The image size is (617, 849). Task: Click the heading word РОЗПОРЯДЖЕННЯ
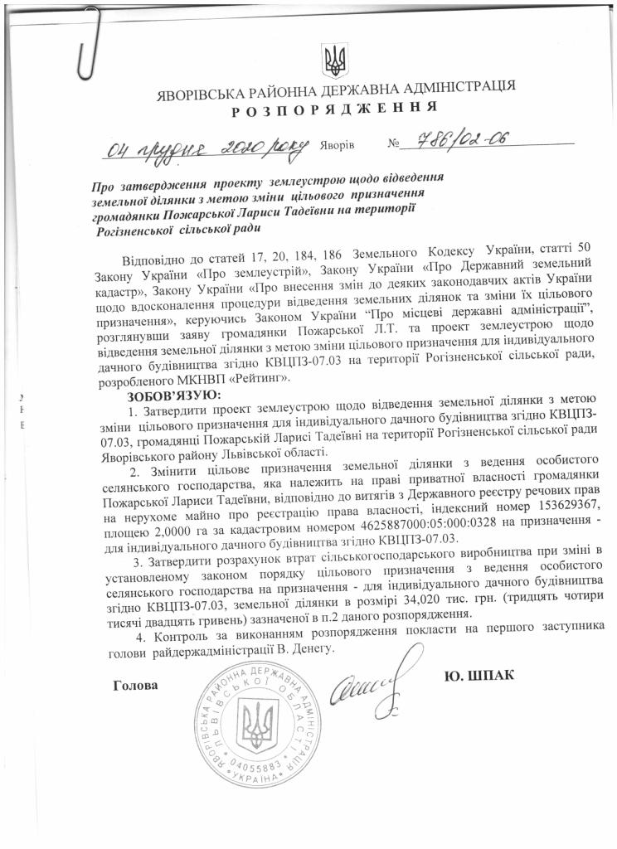click(334, 109)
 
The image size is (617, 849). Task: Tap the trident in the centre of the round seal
click(256, 719)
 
